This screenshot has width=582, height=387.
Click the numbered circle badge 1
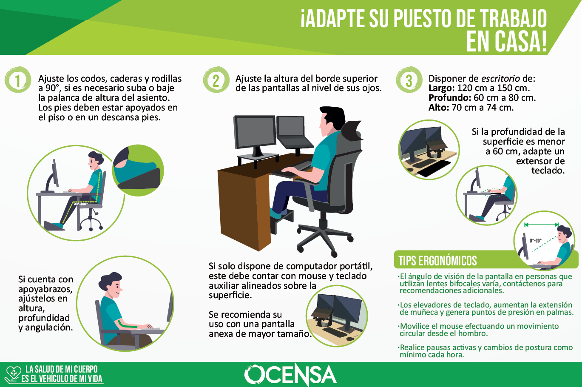point(18,80)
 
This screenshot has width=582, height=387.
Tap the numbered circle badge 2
point(216,80)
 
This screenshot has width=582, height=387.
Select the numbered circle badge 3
point(409,80)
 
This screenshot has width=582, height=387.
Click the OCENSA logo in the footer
point(290,375)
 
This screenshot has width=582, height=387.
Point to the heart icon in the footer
point(14,374)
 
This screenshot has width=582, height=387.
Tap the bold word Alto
point(439,108)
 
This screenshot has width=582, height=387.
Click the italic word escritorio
point(500,79)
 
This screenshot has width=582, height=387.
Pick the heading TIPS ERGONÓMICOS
point(437,261)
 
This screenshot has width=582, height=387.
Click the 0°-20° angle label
point(536,241)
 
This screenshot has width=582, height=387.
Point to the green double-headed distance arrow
point(542,225)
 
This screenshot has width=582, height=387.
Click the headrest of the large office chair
point(351,131)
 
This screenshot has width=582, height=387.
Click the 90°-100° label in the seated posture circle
point(80,204)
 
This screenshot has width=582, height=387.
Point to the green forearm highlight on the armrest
point(127,324)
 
